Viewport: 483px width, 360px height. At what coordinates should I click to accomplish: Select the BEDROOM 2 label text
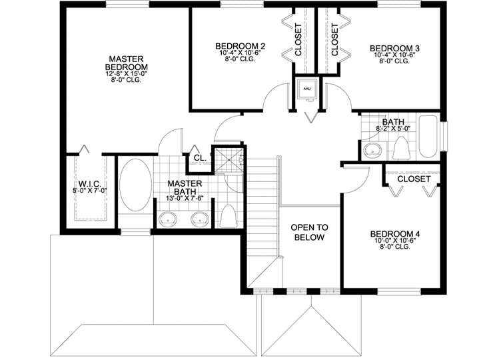[241, 46]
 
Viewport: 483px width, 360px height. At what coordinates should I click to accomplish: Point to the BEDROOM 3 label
[394, 48]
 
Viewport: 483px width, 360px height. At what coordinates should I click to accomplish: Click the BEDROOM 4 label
[395, 234]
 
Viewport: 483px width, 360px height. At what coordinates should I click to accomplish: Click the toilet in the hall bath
[400, 148]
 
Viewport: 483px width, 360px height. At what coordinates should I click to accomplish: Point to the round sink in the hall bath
[372, 150]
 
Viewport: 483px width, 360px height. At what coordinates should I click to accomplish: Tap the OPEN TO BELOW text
[308, 233]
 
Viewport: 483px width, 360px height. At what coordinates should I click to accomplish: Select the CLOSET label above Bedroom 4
[413, 179]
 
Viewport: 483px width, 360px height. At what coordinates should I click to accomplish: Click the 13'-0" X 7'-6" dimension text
[185, 198]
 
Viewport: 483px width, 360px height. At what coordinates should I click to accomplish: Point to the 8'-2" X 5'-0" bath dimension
[393, 129]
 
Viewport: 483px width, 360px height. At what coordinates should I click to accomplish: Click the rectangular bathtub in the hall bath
[427, 138]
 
